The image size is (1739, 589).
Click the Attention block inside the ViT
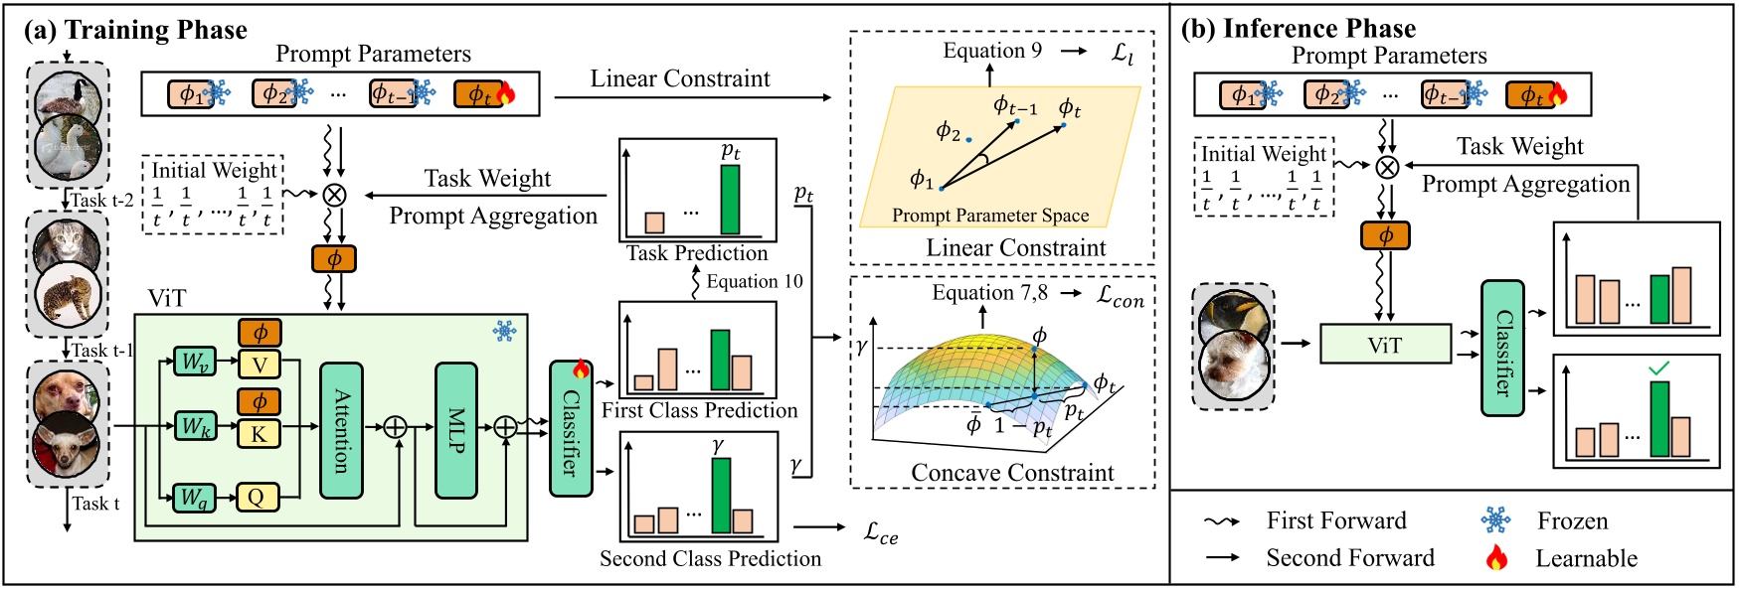tap(341, 430)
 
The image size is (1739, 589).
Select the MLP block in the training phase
tap(456, 430)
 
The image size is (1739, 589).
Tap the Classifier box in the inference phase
tap(1502, 348)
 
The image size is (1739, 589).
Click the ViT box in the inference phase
tap(1384, 345)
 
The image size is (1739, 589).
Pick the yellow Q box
tap(258, 497)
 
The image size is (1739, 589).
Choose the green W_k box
tap(195, 427)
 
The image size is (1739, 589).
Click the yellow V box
tap(259, 365)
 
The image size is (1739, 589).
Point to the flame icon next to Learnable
tap(1496, 558)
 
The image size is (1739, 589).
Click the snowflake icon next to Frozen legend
tap(1495, 520)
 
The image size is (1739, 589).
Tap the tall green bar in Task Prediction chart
tap(730, 199)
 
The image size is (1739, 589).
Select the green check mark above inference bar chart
tap(1658, 368)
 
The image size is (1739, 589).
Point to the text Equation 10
tap(754, 281)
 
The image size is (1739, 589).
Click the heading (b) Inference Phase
tap(1299, 28)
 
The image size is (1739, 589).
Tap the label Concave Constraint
tap(1012, 473)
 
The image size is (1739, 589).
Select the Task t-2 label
tap(101, 200)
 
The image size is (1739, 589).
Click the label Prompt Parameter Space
tap(989, 216)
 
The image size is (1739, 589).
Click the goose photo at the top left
tap(66, 97)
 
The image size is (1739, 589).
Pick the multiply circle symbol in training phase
tap(335, 194)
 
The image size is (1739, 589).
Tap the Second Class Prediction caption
tap(710, 558)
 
